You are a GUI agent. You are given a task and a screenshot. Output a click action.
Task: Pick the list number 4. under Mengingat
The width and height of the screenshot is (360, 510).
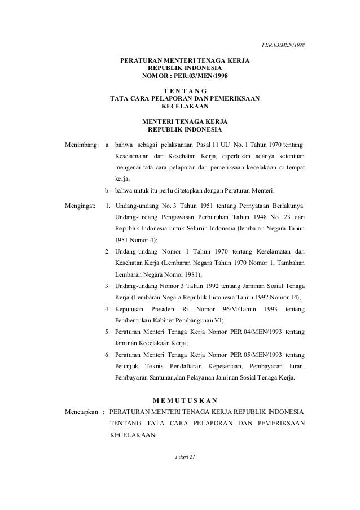pyautogui.click(x=107, y=309)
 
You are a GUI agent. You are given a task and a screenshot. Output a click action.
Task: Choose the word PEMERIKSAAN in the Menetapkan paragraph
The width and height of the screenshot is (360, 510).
pyautogui.click(x=280, y=423)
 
